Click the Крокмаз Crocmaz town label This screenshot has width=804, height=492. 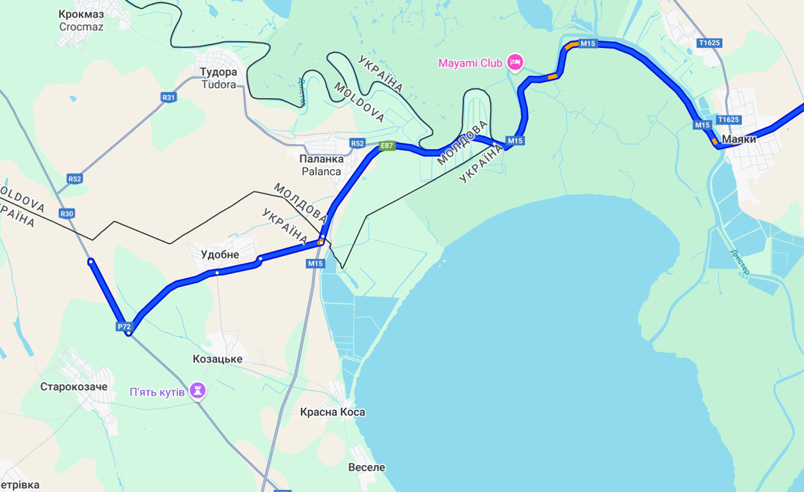[x=81, y=20]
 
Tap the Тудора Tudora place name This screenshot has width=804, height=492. [x=218, y=78]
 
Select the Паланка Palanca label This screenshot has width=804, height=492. [x=321, y=165]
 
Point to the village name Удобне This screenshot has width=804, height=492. [x=220, y=254]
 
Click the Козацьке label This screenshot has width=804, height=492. [x=218, y=359]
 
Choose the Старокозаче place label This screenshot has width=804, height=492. [x=74, y=387]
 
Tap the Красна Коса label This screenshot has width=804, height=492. [x=332, y=412]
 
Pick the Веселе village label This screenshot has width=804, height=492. [x=367, y=467]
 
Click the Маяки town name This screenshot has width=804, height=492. [x=739, y=139]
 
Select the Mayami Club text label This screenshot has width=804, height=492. [x=471, y=63]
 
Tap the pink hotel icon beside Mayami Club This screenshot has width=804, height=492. [x=515, y=62]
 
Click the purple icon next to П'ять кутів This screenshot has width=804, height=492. [x=198, y=391]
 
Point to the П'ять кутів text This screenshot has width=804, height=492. [x=157, y=391]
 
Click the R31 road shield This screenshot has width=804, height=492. [x=168, y=97]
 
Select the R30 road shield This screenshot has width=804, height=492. [x=67, y=213]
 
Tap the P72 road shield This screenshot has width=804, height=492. [x=124, y=327]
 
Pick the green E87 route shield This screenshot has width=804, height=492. [x=387, y=146]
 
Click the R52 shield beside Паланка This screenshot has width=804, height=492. [x=357, y=143]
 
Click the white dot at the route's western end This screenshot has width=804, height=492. [x=91, y=261]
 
